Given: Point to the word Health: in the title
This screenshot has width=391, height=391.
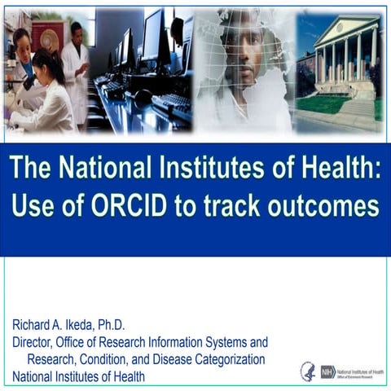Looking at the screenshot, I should click(x=333, y=169).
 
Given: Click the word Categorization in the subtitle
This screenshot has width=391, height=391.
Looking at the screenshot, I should click(x=228, y=359).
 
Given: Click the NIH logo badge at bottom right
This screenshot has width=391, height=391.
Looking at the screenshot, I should click(x=328, y=371).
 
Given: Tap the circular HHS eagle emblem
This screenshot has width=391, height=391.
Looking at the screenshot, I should click(x=307, y=371).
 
